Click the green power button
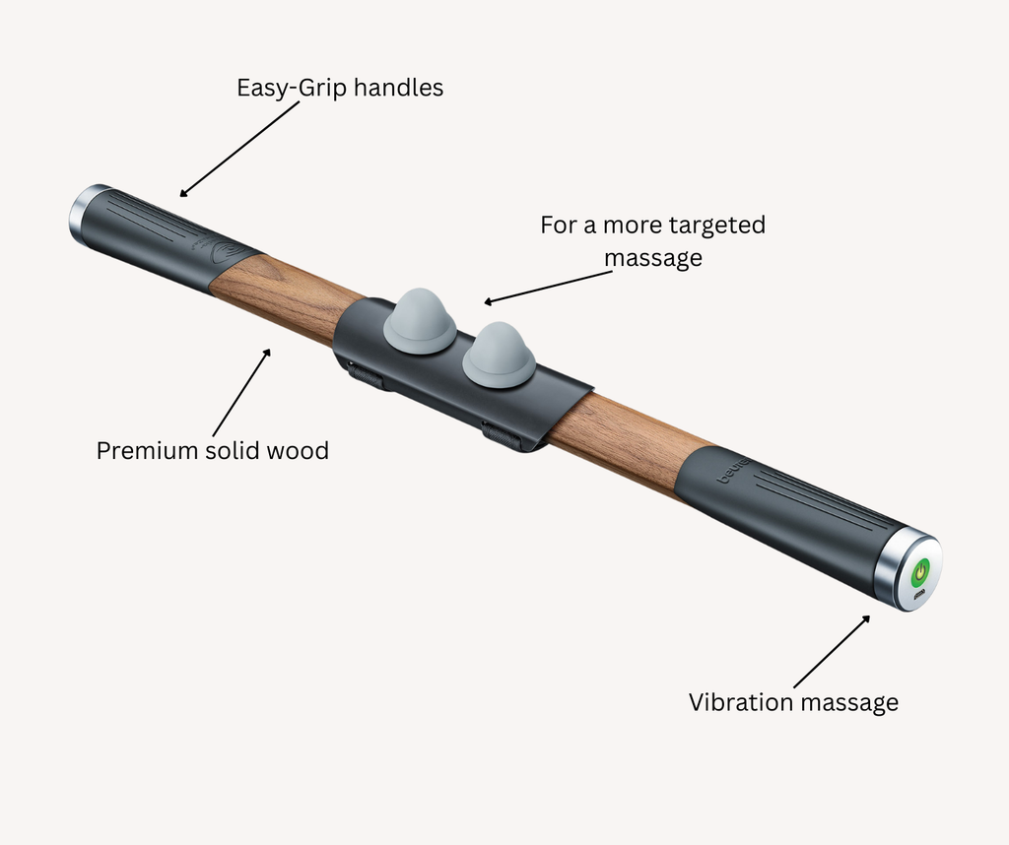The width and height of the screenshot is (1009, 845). [920, 571]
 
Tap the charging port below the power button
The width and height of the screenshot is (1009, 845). [917, 595]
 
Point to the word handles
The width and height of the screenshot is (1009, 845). [398, 88]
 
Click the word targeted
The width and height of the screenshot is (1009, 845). [717, 225]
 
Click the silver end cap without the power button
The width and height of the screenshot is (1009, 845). [84, 214]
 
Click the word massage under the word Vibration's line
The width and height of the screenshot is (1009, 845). [850, 702]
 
